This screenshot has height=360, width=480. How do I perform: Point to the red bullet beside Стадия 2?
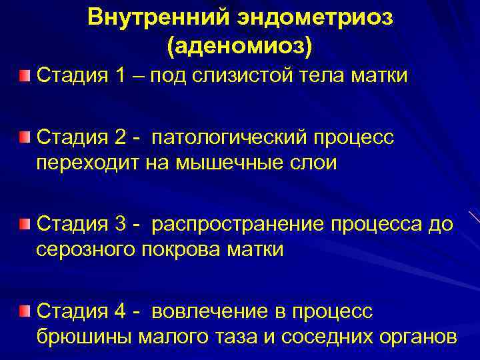click(25, 137)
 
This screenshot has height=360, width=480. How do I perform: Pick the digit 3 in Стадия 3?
click(121, 225)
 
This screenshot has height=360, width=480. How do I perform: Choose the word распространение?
click(247, 225)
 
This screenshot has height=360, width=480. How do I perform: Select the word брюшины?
click(83, 337)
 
